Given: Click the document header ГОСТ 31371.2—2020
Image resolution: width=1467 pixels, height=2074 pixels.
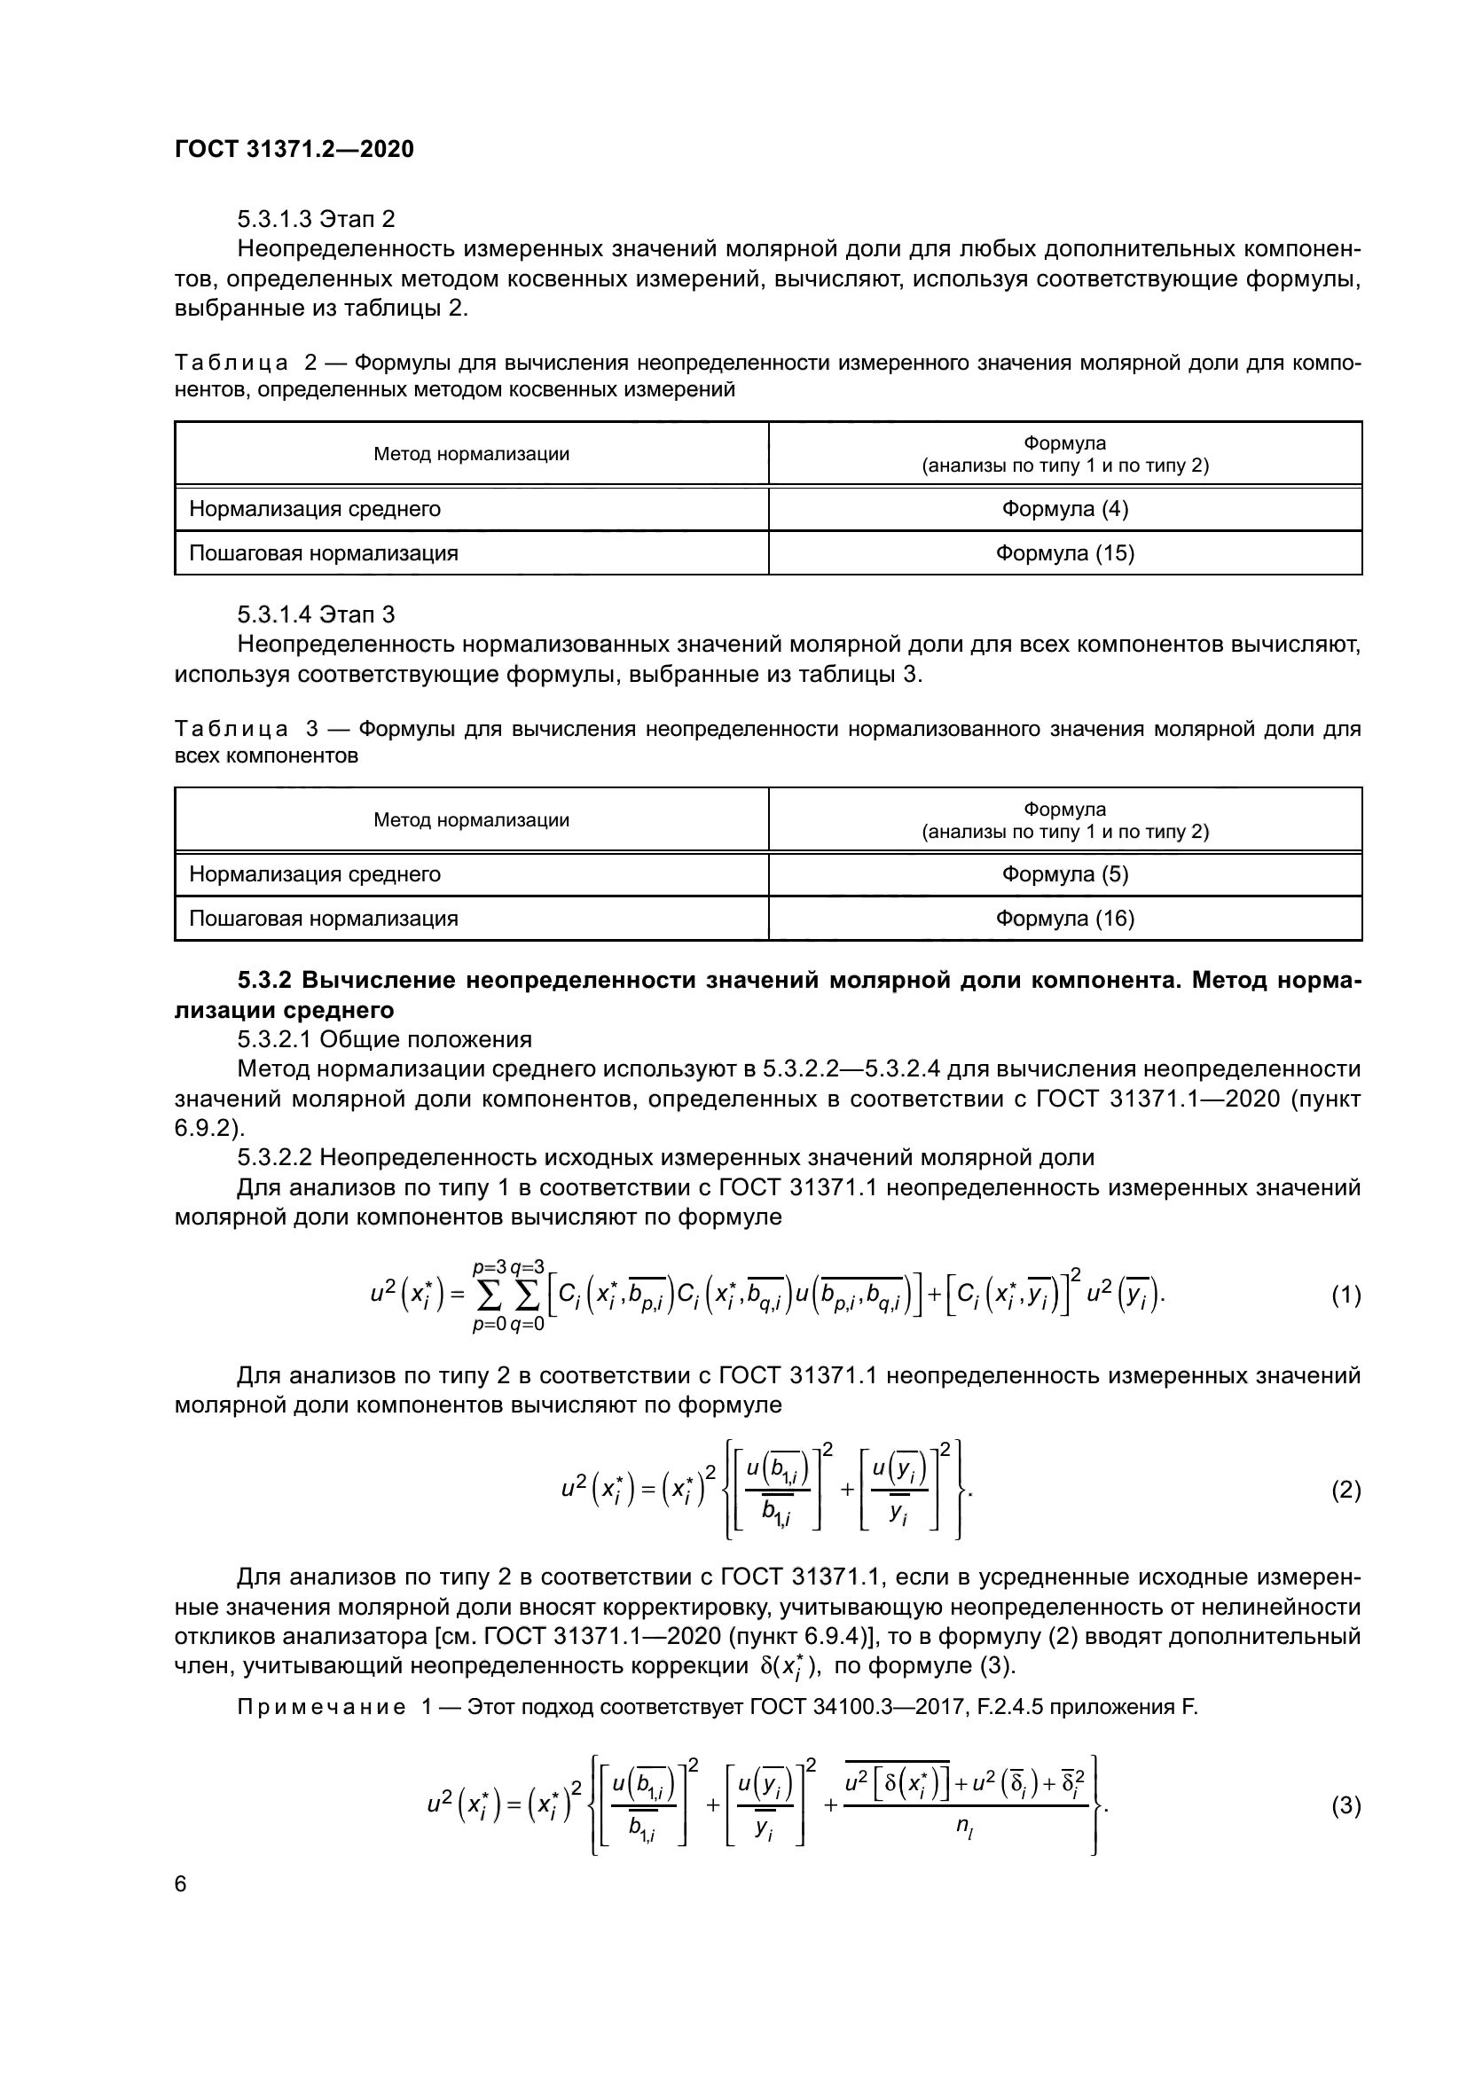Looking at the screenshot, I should (294, 149).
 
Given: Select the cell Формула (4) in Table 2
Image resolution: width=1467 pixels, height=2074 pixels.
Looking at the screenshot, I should (1064, 509).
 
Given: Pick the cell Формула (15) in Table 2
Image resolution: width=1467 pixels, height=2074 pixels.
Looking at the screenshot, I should (1064, 552).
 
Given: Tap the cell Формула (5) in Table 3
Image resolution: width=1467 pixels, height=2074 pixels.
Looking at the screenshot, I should (1064, 873).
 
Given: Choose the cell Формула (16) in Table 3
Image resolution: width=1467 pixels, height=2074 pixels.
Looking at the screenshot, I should (1064, 918).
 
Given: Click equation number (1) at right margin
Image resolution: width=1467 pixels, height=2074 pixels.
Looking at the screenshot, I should (1345, 1295).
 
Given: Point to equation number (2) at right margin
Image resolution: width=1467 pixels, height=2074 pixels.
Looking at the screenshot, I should (1345, 1491).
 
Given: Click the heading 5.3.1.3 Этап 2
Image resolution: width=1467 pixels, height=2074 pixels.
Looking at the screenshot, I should (316, 220).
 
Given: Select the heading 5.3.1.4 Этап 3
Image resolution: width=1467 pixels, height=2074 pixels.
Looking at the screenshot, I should (316, 615).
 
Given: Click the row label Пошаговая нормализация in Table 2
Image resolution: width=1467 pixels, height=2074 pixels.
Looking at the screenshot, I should (324, 552).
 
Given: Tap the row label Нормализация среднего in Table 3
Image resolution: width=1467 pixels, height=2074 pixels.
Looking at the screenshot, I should (314, 873).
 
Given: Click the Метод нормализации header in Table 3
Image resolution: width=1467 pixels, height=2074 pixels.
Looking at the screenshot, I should (472, 820).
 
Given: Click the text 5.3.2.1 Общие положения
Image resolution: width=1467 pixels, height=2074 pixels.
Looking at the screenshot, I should (384, 1039).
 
